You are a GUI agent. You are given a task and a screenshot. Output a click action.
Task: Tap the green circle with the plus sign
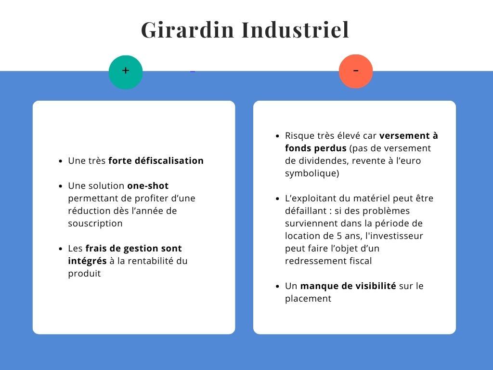126,72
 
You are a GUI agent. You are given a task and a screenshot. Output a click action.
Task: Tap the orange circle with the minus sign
356,71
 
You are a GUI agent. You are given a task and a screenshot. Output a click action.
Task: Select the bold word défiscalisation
169,160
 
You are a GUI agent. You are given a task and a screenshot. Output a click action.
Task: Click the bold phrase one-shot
148,185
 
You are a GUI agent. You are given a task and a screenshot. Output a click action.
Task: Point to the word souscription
95,224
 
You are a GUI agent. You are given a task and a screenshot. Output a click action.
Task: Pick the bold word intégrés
87,261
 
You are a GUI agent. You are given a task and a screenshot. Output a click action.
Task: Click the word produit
84,274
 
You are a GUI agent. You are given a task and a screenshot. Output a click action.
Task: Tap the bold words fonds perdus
316,148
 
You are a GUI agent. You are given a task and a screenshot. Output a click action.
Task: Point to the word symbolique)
312,173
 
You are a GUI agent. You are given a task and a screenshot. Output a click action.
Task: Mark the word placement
308,299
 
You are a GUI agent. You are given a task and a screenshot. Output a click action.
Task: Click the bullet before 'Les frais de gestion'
61,249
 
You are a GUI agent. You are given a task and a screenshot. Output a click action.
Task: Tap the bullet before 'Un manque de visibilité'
277,286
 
